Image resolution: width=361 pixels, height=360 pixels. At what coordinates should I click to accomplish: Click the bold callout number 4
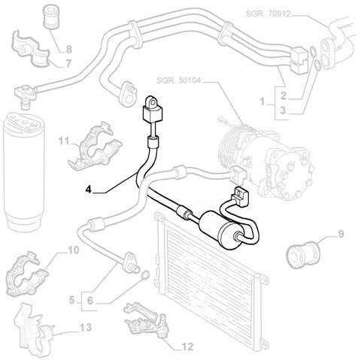pyautogui.click(x=89, y=189)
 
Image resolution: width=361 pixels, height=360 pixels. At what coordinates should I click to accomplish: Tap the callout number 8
pyautogui.click(x=68, y=50)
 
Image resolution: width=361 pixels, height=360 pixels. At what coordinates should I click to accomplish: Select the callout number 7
pyautogui.click(x=68, y=64)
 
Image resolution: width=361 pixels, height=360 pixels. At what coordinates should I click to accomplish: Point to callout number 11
pyautogui.click(x=64, y=141)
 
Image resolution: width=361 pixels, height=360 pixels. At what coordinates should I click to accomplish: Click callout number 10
pyautogui.click(x=74, y=250)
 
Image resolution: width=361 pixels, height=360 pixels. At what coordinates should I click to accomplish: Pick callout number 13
pyautogui.click(x=86, y=327)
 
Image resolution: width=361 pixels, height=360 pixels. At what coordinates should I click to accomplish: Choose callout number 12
pyautogui.click(x=187, y=346)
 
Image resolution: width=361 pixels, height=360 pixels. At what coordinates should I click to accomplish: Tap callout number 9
pyautogui.click(x=341, y=234)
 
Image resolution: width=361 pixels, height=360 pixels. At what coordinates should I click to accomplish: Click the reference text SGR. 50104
pyautogui.click(x=178, y=80)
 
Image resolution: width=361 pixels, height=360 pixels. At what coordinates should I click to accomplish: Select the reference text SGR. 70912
pyautogui.click(x=268, y=14)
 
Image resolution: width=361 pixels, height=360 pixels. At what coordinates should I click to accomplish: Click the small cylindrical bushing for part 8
pyautogui.click(x=52, y=17)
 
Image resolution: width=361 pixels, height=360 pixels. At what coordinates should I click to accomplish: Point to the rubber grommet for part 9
pyautogui.click(x=303, y=253)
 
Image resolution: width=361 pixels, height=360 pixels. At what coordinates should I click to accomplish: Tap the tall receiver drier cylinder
pyautogui.click(x=24, y=172)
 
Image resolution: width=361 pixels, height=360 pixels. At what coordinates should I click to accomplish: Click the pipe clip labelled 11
pyautogui.click(x=94, y=147)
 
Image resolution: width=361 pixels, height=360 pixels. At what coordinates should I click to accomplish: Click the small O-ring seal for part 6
pyautogui.click(x=145, y=275)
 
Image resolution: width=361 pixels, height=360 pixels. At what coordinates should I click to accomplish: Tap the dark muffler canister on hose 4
pyautogui.click(x=220, y=230)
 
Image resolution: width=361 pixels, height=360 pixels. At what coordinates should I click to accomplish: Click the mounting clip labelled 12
pyautogui.click(x=147, y=319)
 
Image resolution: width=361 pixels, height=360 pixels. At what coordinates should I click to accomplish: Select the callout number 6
pyautogui.click(x=90, y=301)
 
